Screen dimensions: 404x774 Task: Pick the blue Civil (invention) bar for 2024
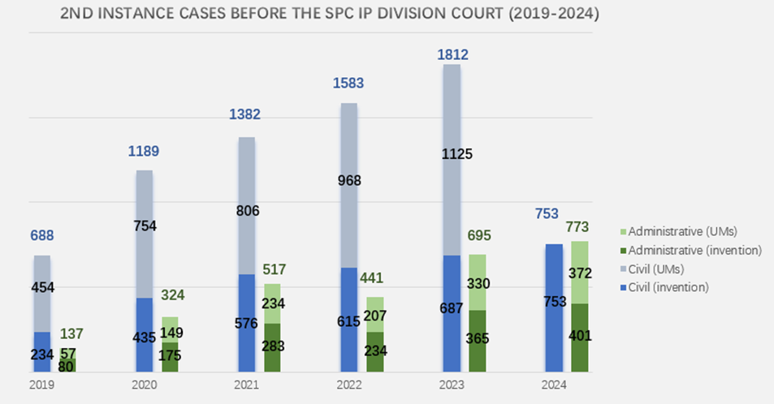point(554,308)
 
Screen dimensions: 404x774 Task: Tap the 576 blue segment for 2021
point(247,323)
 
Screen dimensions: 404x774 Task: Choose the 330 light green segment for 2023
point(477,283)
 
